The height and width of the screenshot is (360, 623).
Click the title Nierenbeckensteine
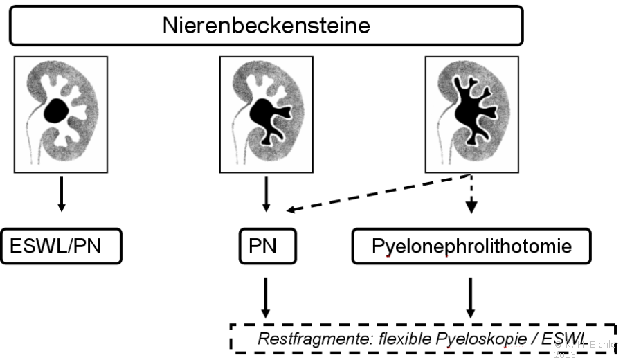click(266, 27)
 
